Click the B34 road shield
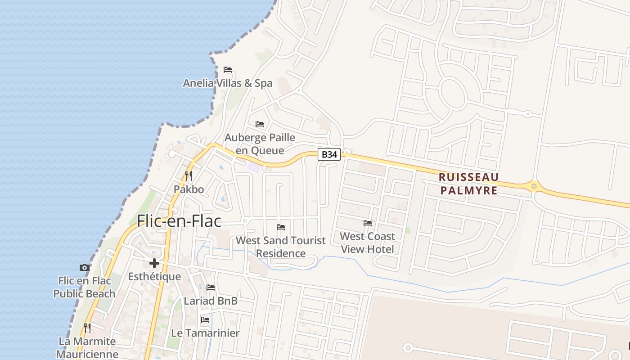[x=329, y=154]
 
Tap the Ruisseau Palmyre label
[x=469, y=184]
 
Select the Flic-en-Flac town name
[x=179, y=221]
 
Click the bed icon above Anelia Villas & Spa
[x=228, y=70]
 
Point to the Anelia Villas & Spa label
[x=228, y=83]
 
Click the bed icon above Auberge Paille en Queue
[x=260, y=124]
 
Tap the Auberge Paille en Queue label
[x=260, y=144]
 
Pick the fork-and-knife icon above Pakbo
[x=189, y=175]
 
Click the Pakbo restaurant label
[x=189, y=189]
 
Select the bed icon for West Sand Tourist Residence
[x=281, y=227]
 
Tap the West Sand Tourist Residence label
[x=281, y=247]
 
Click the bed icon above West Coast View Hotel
[x=368, y=223]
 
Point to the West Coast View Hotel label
[x=368, y=243]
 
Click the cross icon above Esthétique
[x=154, y=263]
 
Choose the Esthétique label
[x=154, y=277]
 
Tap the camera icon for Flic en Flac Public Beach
[x=84, y=267]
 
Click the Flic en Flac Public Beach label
[x=85, y=287]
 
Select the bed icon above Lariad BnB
[x=211, y=287]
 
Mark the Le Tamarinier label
[x=205, y=333]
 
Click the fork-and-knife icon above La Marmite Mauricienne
[x=87, y=328]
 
